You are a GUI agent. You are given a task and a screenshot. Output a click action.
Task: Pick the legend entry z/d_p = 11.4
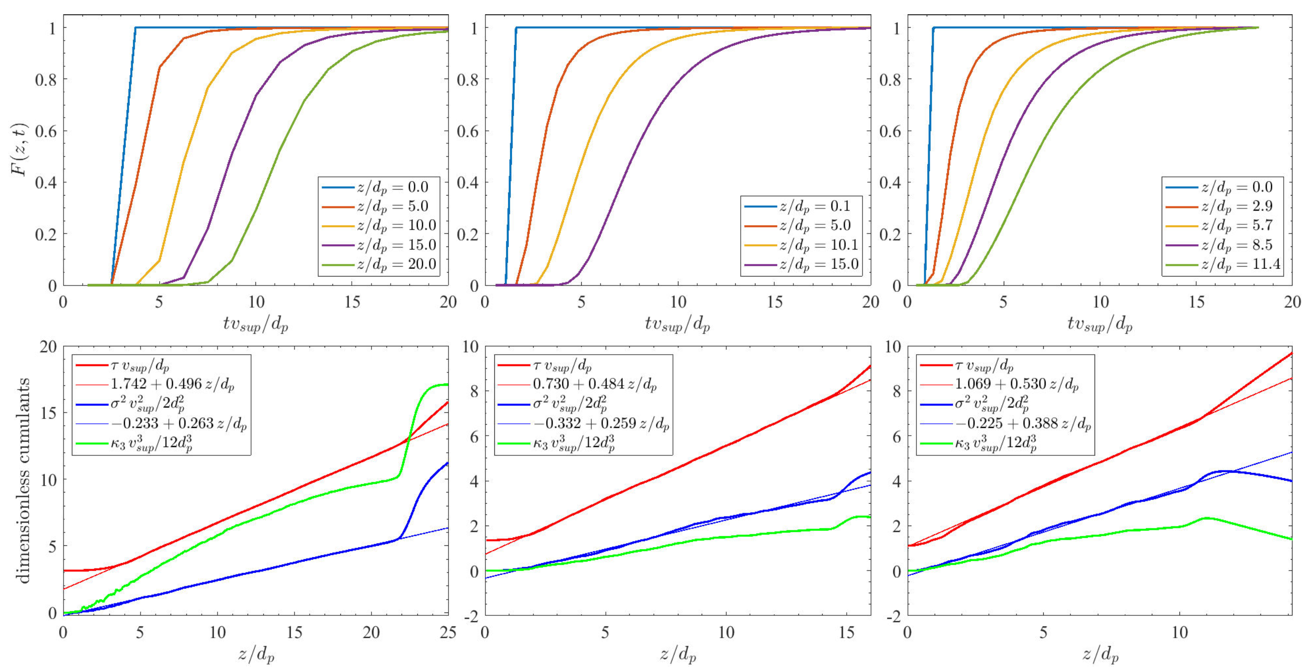click(1241, 264)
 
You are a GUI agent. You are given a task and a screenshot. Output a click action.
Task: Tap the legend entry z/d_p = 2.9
click(1237, 206)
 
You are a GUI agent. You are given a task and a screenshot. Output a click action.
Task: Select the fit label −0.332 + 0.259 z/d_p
click(601, 424)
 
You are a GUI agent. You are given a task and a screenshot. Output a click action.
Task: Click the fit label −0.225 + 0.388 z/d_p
click(1023, 424)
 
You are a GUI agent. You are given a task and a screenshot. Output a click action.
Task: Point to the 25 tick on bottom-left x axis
click(447, 633)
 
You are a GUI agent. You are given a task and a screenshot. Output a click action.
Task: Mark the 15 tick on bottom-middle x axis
click(846, 633)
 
